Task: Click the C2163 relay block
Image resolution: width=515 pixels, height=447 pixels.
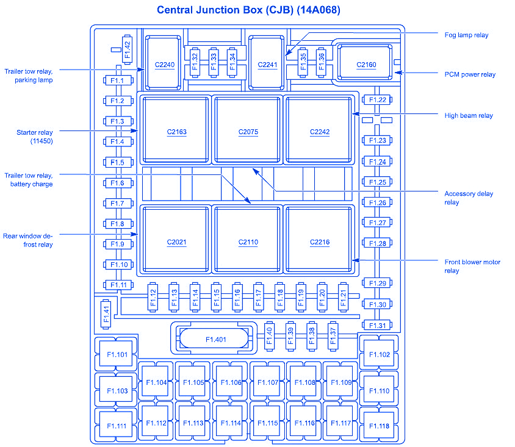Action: point(176,131)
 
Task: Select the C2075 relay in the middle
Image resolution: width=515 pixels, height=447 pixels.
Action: point(248,131)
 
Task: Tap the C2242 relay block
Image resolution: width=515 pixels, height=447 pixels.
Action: point(319,131)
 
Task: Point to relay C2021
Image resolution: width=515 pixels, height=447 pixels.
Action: point(176,241)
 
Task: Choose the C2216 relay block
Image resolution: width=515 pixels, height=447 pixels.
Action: point(319,241)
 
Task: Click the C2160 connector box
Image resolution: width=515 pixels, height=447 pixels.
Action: point(366,63)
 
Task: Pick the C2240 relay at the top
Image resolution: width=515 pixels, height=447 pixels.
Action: point(164,63)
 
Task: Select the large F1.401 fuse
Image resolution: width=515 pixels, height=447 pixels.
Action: point(215,339)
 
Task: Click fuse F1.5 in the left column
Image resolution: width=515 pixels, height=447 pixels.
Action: point(117,162)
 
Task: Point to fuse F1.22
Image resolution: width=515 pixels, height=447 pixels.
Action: point(378,100)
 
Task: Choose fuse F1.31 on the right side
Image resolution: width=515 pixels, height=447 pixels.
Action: point(378,325)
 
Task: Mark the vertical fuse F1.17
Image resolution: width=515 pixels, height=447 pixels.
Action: point(258,297)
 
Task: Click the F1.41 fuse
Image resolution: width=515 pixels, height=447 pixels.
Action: point(106,312)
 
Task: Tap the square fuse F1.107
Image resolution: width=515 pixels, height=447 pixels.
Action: point(268,382)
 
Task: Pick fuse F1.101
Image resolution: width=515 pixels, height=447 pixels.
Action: point(117,354)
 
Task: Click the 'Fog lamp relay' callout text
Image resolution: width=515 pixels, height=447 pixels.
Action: point(466,35)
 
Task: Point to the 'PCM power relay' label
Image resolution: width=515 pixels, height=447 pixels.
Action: point(470,74)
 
